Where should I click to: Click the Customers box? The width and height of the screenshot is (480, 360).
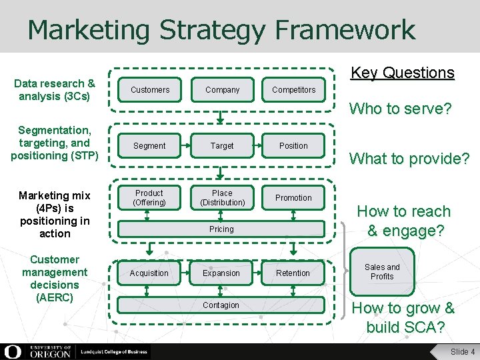(150, 89)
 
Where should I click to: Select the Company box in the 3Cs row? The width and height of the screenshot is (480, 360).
(222, 89)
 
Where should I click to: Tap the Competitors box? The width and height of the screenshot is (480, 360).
(294, 89)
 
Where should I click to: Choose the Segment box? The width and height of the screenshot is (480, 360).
(149, 145)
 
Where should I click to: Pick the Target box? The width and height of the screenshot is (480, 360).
(222, 145)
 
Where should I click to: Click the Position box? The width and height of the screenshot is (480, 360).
(293, 145)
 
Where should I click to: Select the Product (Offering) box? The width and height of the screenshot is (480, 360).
(149, 198)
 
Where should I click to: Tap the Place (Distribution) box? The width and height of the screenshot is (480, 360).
(222, 198)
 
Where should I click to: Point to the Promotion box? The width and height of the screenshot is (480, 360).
(293, 198)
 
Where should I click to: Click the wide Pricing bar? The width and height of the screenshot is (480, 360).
(221, 229)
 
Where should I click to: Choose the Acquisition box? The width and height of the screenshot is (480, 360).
(149, 273)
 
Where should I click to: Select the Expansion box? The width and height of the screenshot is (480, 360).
(221, 273)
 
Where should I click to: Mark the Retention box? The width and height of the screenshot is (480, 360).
(293, 273)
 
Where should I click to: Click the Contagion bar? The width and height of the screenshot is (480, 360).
(221, 305)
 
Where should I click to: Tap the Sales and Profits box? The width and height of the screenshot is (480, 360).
(382, 271)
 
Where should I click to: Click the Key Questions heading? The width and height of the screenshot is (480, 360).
(402, 73)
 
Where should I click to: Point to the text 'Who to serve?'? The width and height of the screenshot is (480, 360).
(401, 109)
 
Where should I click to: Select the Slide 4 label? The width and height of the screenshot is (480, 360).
(463, 351)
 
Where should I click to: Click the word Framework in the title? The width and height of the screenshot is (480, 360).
(344, 30)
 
